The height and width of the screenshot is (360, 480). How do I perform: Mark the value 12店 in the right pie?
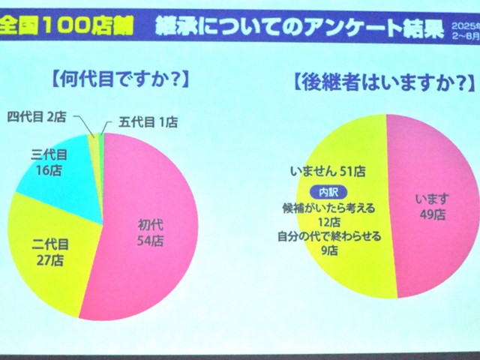[329, 221]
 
